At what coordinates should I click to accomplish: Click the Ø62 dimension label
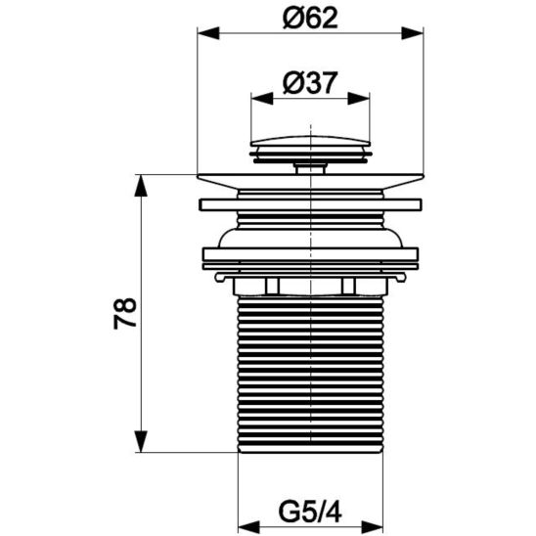pos(310,18)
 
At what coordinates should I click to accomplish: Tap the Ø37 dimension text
pos(310,83)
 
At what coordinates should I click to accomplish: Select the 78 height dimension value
pos(125,313)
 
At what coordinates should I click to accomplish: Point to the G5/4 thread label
pos(310,512)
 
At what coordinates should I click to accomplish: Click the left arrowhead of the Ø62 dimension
pos(208,33)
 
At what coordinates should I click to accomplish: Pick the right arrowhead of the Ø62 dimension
pos(412,33)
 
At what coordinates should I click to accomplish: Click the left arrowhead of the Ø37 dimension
pos(262,99)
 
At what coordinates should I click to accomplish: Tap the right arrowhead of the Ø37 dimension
pos(359,99)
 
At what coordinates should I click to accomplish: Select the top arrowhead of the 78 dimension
pos(141,186)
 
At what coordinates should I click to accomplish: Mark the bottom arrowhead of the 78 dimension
pos(141,441)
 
